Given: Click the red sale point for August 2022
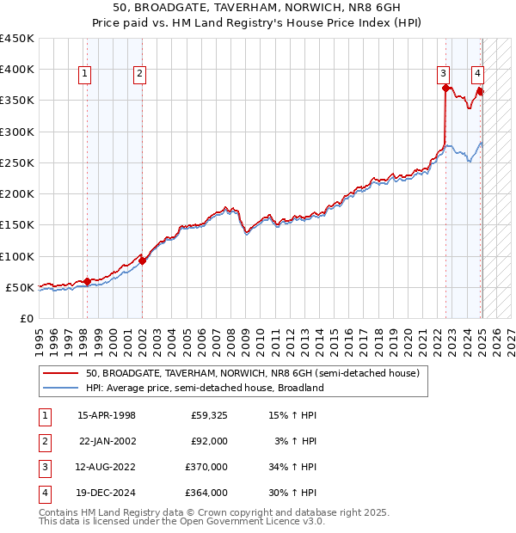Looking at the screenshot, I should [x=445, y=88].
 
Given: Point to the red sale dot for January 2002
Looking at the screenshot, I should [x=142, y=260].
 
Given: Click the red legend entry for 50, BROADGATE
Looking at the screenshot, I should [x=252, y=373].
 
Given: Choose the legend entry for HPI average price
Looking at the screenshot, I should [x=204, y=388].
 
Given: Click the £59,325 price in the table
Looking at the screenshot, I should [x=208, y=416].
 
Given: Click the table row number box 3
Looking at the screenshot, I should [x=42, y=467].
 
